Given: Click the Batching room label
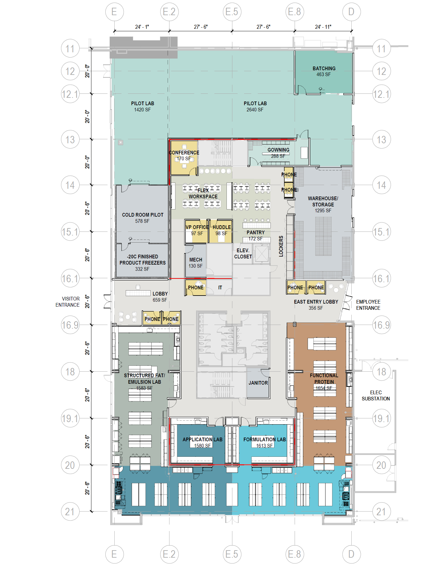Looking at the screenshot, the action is tap(324, 68).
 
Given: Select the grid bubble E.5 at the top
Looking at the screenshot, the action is tap(232, 12).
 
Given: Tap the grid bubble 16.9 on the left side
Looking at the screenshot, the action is tap(70, 325).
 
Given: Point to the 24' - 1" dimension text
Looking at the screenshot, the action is tap(142, 27).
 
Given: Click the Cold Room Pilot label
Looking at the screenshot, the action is tap(143, 215).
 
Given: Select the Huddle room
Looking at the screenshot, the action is tap(221, 231).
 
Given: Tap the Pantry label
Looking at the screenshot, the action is tap(256, 232).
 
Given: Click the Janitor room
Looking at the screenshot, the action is tap(258, 383).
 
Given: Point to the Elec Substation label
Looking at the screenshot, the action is tap(376, 395).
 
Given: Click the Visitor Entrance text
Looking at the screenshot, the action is tap(68, 302).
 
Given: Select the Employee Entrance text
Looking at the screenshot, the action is tap(368, 305).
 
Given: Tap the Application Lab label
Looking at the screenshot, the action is tap(202, 439).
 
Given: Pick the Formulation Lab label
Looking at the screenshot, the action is tap(265, 439).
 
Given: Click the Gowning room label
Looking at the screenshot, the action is tap(279, 150).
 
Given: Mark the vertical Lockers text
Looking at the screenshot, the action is tap(281, 246).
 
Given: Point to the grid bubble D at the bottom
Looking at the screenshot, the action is tap(351, 554).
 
